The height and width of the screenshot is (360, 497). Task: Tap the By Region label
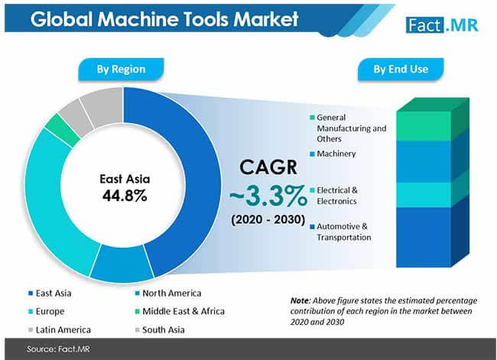coord(122,70)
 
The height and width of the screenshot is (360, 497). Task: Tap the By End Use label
coord(400,70)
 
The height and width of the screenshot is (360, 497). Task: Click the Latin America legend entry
coord(61,329)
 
